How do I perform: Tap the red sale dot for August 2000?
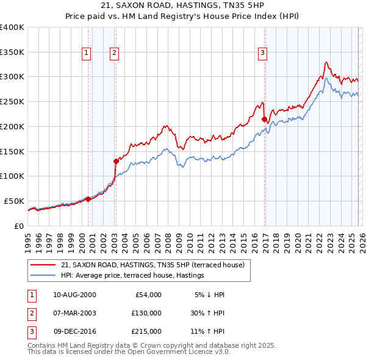(88, 198)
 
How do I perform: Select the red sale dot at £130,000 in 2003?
(116, 161)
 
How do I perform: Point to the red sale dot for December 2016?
(264, 119)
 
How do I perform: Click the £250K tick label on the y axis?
(12, 102)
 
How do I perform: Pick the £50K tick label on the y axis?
(13, 201)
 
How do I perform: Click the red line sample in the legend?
(43, 265)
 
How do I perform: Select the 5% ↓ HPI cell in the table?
(209, 295)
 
